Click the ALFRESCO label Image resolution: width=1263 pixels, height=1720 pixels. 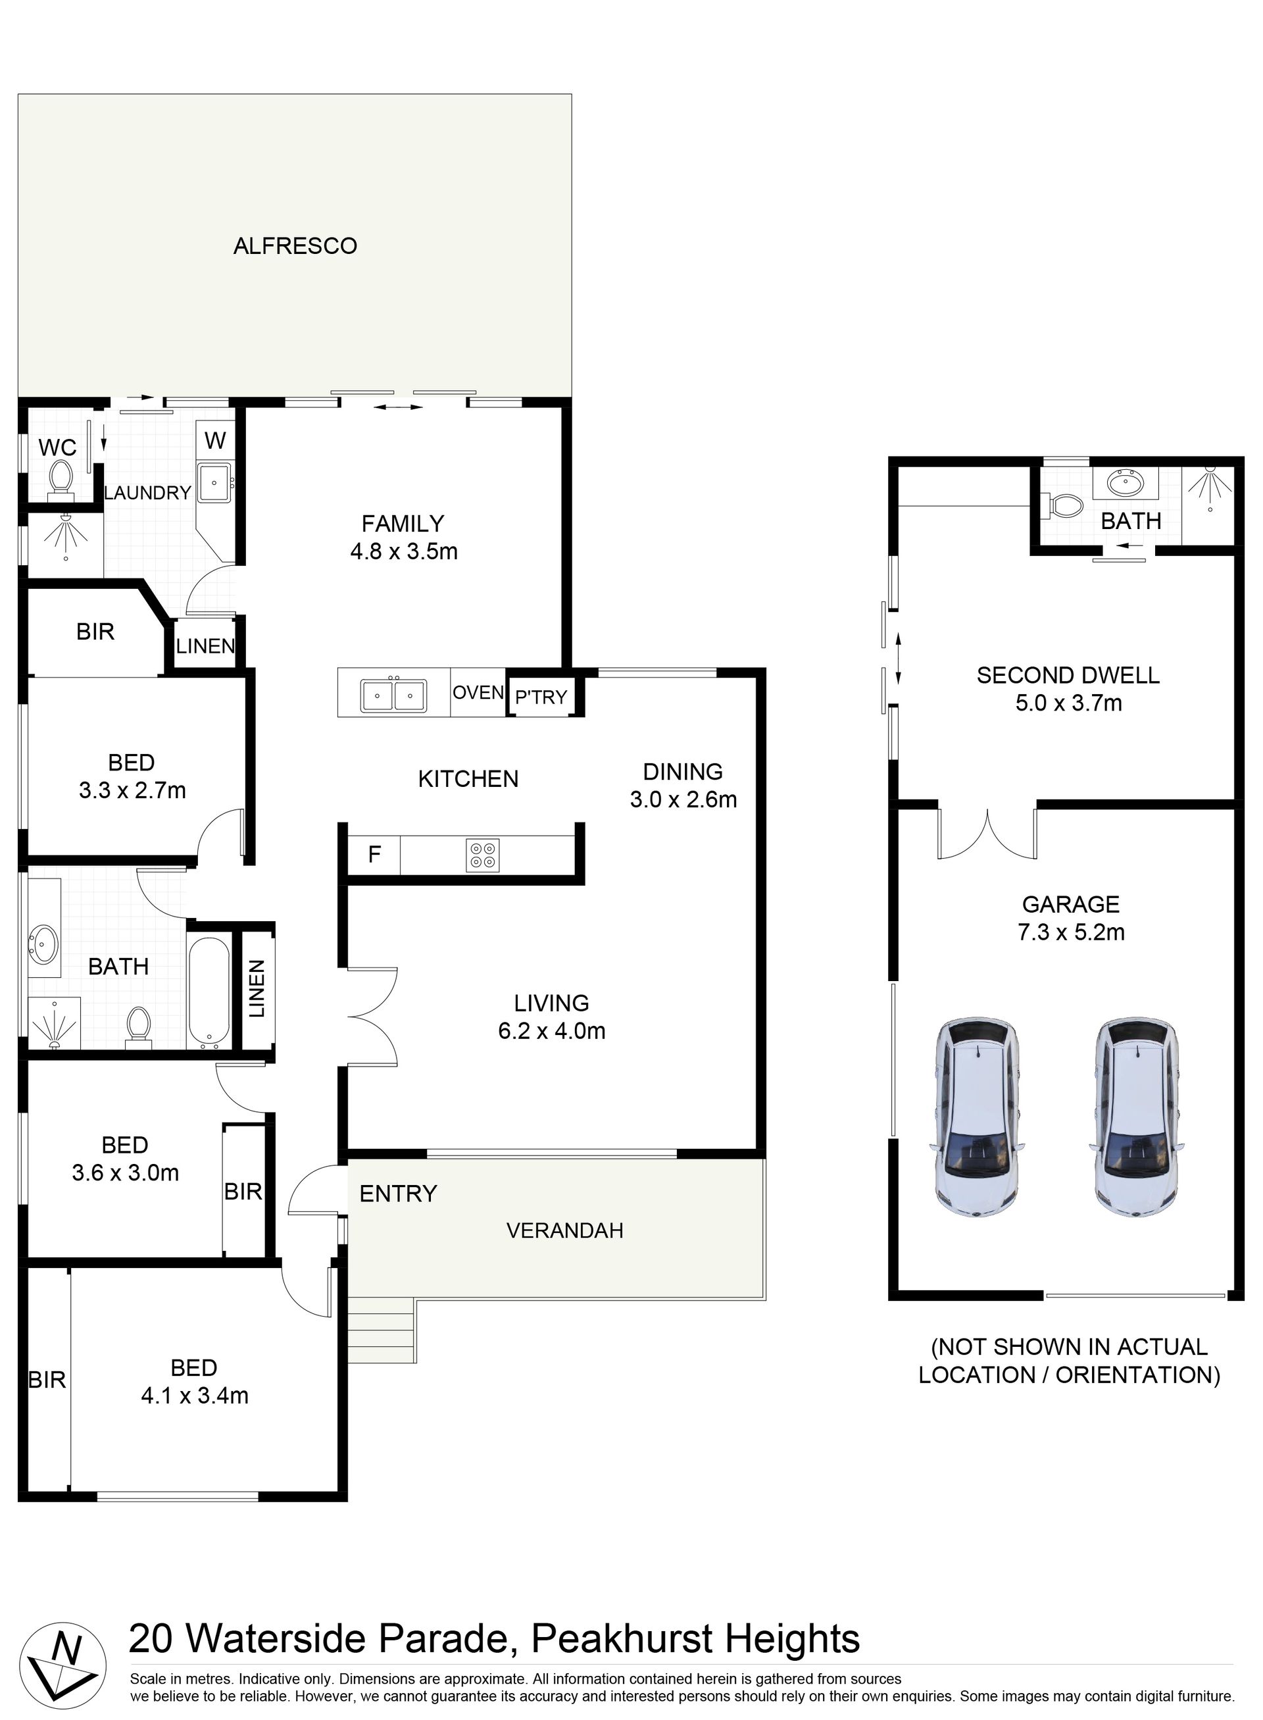295,245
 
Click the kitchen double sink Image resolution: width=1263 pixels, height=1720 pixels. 394,694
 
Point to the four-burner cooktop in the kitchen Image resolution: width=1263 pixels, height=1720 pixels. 482,855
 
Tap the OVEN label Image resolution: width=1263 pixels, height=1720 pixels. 478,692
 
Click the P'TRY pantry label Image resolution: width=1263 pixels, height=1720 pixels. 541,697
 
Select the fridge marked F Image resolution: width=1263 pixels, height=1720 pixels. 374,854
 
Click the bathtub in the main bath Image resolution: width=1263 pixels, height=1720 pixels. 209,991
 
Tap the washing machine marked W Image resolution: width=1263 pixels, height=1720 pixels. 216,440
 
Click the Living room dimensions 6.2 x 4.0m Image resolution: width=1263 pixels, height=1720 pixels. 551,1031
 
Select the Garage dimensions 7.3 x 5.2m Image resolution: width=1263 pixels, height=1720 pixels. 1070,932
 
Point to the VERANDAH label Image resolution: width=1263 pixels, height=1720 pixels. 565,1230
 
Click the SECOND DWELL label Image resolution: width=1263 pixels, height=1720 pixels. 1068,675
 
